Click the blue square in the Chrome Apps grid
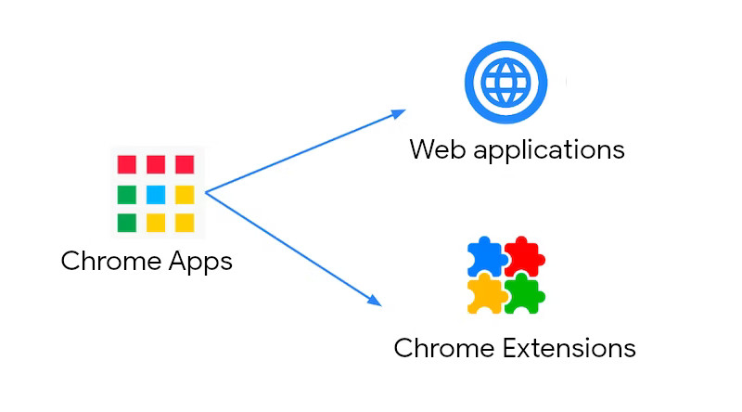pos(156,194)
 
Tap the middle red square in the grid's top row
pos(156,165)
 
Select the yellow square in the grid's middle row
pos(185,194)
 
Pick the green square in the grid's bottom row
pos(127,223)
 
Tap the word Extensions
pos(569,348)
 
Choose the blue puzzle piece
pos(486,257)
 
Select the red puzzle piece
pos(524,256)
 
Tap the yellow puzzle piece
pos(487,292)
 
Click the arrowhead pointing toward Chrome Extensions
pos(374,300)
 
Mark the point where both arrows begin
pos(206,192)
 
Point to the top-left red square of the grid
pos(127,165)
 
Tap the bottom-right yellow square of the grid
pos(185,223)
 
